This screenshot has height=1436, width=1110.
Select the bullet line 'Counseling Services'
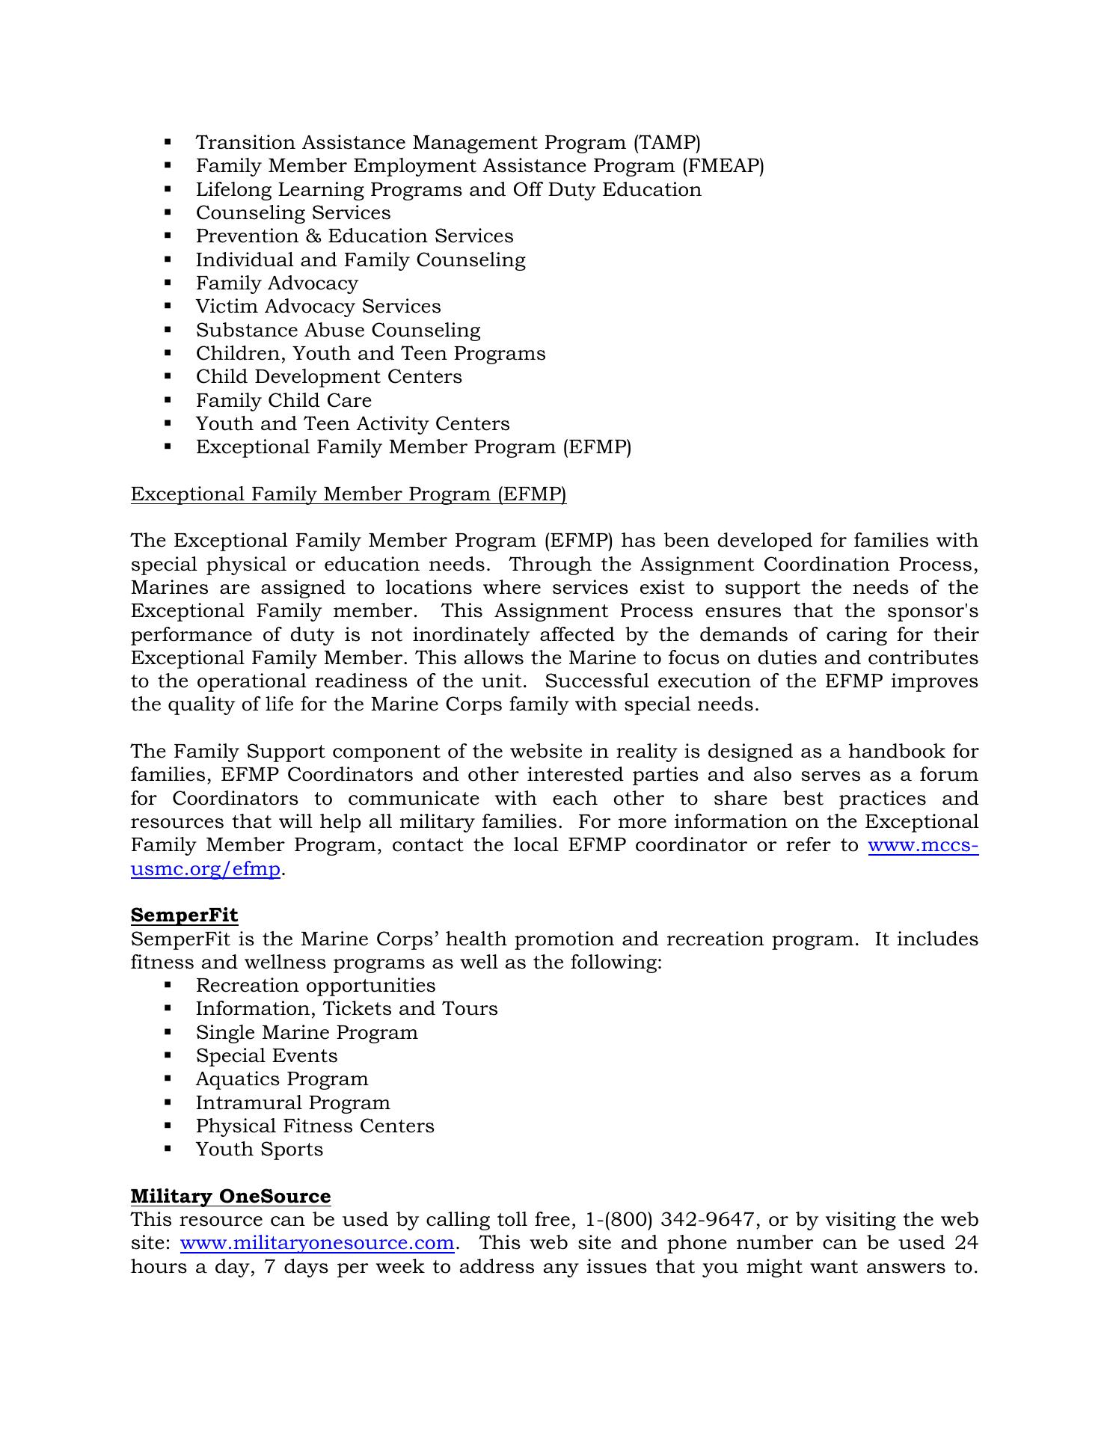tap(293, 212)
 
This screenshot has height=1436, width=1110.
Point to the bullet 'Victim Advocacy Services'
tap(318, 307)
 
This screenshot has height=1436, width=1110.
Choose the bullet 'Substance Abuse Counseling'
tap(338, 330)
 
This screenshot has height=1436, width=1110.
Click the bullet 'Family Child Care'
tap(283, 400)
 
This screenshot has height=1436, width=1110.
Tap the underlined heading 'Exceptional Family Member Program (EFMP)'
tap(349, 494)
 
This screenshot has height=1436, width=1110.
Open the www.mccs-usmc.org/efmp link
tap(923, 845)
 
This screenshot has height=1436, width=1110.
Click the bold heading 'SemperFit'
tap(184, 915)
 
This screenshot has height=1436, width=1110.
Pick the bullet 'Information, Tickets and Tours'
tap(346, 1009)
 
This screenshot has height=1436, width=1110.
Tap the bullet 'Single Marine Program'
tap(307, 1032)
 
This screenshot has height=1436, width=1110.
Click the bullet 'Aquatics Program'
tap(282, 1078)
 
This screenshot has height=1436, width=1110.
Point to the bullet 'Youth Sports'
tap(260, 1149)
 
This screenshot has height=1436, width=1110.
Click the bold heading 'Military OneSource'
tap(230, 1196)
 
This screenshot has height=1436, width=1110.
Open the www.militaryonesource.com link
tap(317, 1242)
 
